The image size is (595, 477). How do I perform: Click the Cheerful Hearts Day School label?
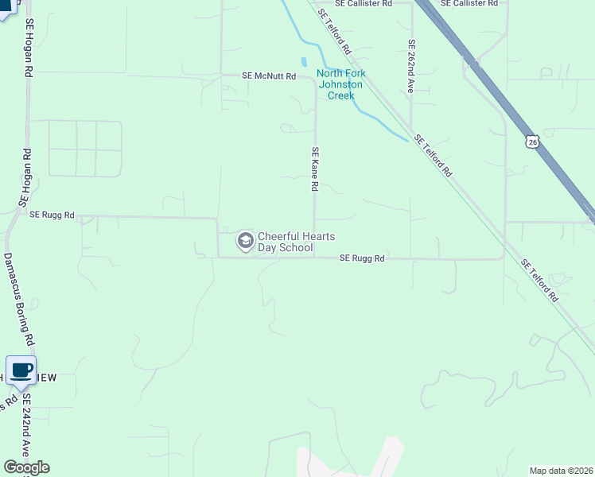285,242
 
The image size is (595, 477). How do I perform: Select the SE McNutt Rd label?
269,76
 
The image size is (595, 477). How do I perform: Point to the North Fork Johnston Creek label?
341,84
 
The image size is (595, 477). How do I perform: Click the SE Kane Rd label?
315,169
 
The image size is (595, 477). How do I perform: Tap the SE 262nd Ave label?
410,67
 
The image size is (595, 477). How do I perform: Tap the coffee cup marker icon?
21,370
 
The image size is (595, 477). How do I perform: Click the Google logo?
26,467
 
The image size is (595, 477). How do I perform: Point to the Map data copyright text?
561,471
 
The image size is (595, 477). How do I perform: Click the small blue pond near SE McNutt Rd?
304,62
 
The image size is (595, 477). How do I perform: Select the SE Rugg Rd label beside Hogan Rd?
52,215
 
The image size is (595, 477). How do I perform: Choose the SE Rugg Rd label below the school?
362,258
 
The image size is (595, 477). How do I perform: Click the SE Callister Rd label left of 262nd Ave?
364,3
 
